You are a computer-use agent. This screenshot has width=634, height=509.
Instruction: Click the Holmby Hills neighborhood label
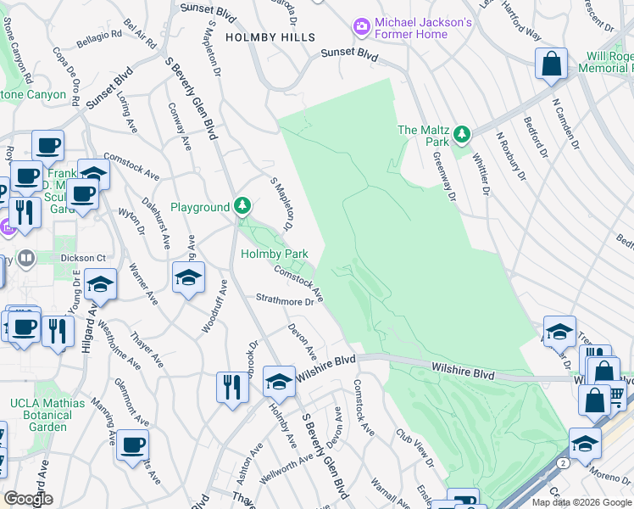point(270,37)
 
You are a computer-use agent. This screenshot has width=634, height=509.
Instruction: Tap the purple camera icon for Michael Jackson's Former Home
point(362,28)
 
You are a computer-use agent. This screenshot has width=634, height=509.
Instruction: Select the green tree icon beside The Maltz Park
point(462,134)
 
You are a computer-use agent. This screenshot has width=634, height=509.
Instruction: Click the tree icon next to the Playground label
point(243,206)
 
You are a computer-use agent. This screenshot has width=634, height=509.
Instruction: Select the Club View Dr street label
point(413,448)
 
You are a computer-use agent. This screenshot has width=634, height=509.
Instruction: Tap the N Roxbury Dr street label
point(511,158)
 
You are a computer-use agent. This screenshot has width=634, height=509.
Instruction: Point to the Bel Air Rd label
point(141,32)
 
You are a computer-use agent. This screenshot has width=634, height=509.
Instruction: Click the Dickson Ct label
point(86,258)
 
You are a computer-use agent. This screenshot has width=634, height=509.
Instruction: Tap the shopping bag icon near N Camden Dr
point(551,65)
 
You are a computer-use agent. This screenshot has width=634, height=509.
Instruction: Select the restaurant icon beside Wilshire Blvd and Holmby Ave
point(231,387)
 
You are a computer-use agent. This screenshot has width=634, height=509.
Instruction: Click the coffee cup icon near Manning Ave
point(132,445)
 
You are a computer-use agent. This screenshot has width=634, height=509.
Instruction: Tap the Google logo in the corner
point(28,499)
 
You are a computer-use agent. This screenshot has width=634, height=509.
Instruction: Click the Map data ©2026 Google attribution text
point(581,502)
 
